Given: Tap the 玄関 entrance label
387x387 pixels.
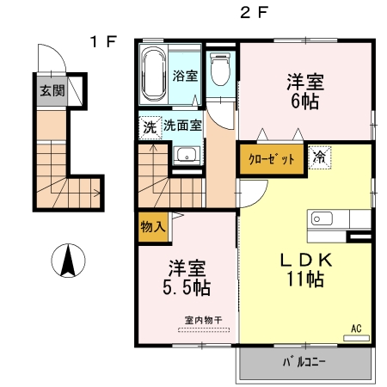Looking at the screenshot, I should (x=50, y=90).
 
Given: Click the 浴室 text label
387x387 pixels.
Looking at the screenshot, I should (x=186, y=76).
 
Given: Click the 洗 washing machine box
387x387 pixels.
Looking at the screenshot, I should (x=150, y=126).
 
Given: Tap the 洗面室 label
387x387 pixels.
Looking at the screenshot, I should (x=183, y=126).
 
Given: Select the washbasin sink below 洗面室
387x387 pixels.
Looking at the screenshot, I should (x=186, y=156).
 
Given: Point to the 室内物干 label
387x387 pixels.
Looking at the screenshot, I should (x=203, y=321).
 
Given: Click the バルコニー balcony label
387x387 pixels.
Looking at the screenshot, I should (x=304, y=362).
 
